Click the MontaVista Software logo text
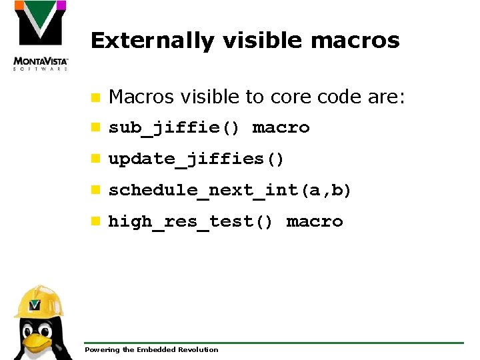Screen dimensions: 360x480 tap(41, 64)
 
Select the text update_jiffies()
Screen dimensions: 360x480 tap(197, 159)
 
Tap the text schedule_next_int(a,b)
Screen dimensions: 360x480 tap(229, 190)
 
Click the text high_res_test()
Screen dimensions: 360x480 tap(191, 221)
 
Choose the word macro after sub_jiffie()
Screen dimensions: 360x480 tap(281, 127)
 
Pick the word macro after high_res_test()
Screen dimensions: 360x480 tap(314, 221)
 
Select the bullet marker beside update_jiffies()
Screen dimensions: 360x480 tap(96, 159)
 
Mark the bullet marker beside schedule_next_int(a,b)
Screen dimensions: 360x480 tap(96, 190)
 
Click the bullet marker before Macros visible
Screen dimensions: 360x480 tap(96, 98)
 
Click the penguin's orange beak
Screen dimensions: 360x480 tap(38, 342)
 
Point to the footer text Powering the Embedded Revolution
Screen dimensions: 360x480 tap(151, 349)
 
